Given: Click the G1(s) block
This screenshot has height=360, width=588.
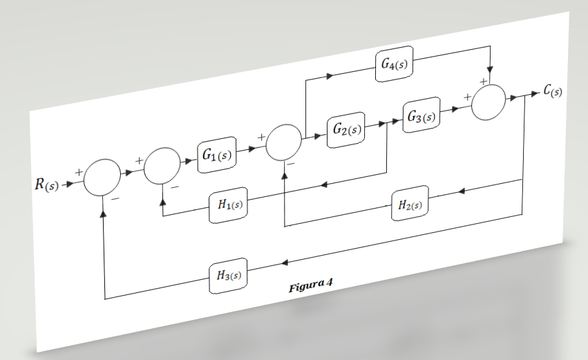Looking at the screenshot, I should (217, 153).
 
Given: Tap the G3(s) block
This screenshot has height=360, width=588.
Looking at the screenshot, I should (420, 116).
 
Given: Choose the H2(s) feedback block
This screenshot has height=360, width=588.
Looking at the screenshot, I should (410, 204).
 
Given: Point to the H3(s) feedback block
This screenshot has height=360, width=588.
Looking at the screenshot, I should (227, 276).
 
